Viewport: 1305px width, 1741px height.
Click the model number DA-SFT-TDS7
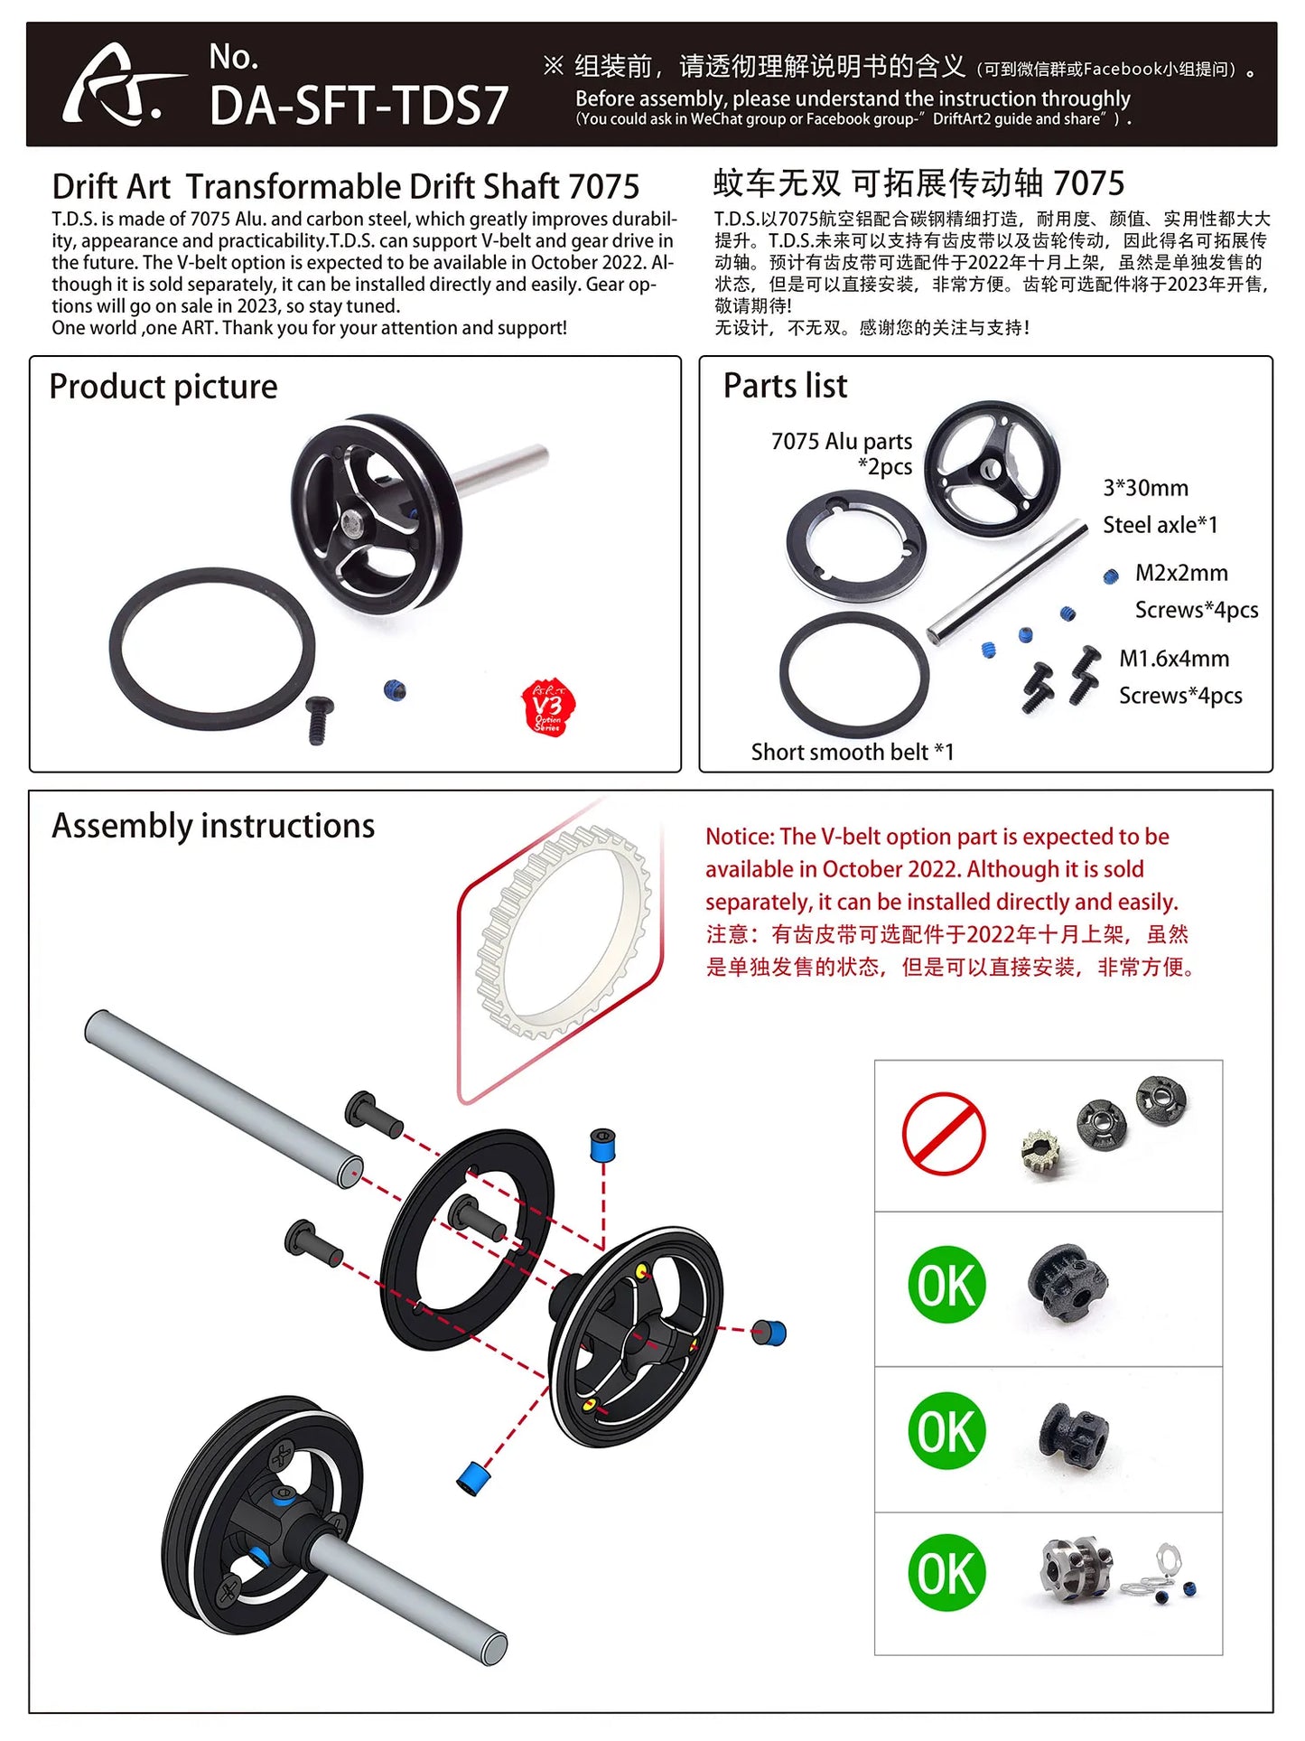coord(359,106)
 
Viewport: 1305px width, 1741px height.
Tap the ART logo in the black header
coord(115,87)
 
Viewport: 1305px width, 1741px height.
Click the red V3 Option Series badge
coord(548,707)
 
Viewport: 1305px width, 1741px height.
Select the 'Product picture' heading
coord(163,387)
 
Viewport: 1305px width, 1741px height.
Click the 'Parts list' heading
coord(785,386)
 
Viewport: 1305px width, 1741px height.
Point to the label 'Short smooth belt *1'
coord(852,752)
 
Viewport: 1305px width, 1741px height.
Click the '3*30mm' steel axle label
coord(1145,488)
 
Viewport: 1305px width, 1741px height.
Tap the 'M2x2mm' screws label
coord(1181,573)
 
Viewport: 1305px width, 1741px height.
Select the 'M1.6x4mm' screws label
coord(1174,659)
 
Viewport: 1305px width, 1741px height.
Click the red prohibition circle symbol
coord(944,1134)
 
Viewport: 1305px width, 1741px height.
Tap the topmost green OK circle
coord(946,1285)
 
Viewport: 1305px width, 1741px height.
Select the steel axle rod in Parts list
coord(1008,583)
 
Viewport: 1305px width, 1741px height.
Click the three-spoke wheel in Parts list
coord(992,468)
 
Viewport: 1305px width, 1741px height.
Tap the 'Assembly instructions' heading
coord(213,826)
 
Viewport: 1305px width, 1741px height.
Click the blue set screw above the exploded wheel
coord(602,1145)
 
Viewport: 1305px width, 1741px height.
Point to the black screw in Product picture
coord(319,718)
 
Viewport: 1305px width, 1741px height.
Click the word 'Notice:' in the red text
coord(740,837)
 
